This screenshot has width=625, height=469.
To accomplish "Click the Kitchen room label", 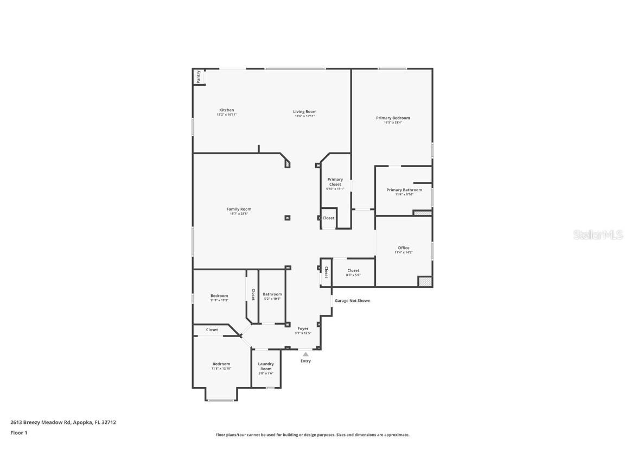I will pos(227,110).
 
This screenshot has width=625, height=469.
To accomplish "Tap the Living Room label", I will pos(304,112).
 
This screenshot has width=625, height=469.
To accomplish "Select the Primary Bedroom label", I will pos(393,118).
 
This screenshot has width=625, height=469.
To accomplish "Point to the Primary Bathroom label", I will pos(404,190).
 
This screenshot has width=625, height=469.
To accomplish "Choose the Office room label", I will pos(404,248).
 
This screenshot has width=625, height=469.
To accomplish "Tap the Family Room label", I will pos(239,209).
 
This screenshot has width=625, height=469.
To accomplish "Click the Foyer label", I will pos(303,329).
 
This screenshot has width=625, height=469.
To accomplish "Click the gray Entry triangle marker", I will pos(305,354).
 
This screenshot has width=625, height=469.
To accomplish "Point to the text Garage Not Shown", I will pos(352,300).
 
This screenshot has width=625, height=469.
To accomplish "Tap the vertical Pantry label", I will pos(199,77).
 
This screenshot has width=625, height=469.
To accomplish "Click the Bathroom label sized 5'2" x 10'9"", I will pos(272,294).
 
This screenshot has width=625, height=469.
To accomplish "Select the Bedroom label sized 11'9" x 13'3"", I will pos(219,296).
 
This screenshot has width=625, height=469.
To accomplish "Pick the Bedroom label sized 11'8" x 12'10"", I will pos(221,364).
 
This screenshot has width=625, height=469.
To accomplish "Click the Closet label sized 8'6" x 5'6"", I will pos(353,270).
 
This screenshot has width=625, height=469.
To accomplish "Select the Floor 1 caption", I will pos(18,433).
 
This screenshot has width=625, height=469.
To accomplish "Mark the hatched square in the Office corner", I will pos(425,282).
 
